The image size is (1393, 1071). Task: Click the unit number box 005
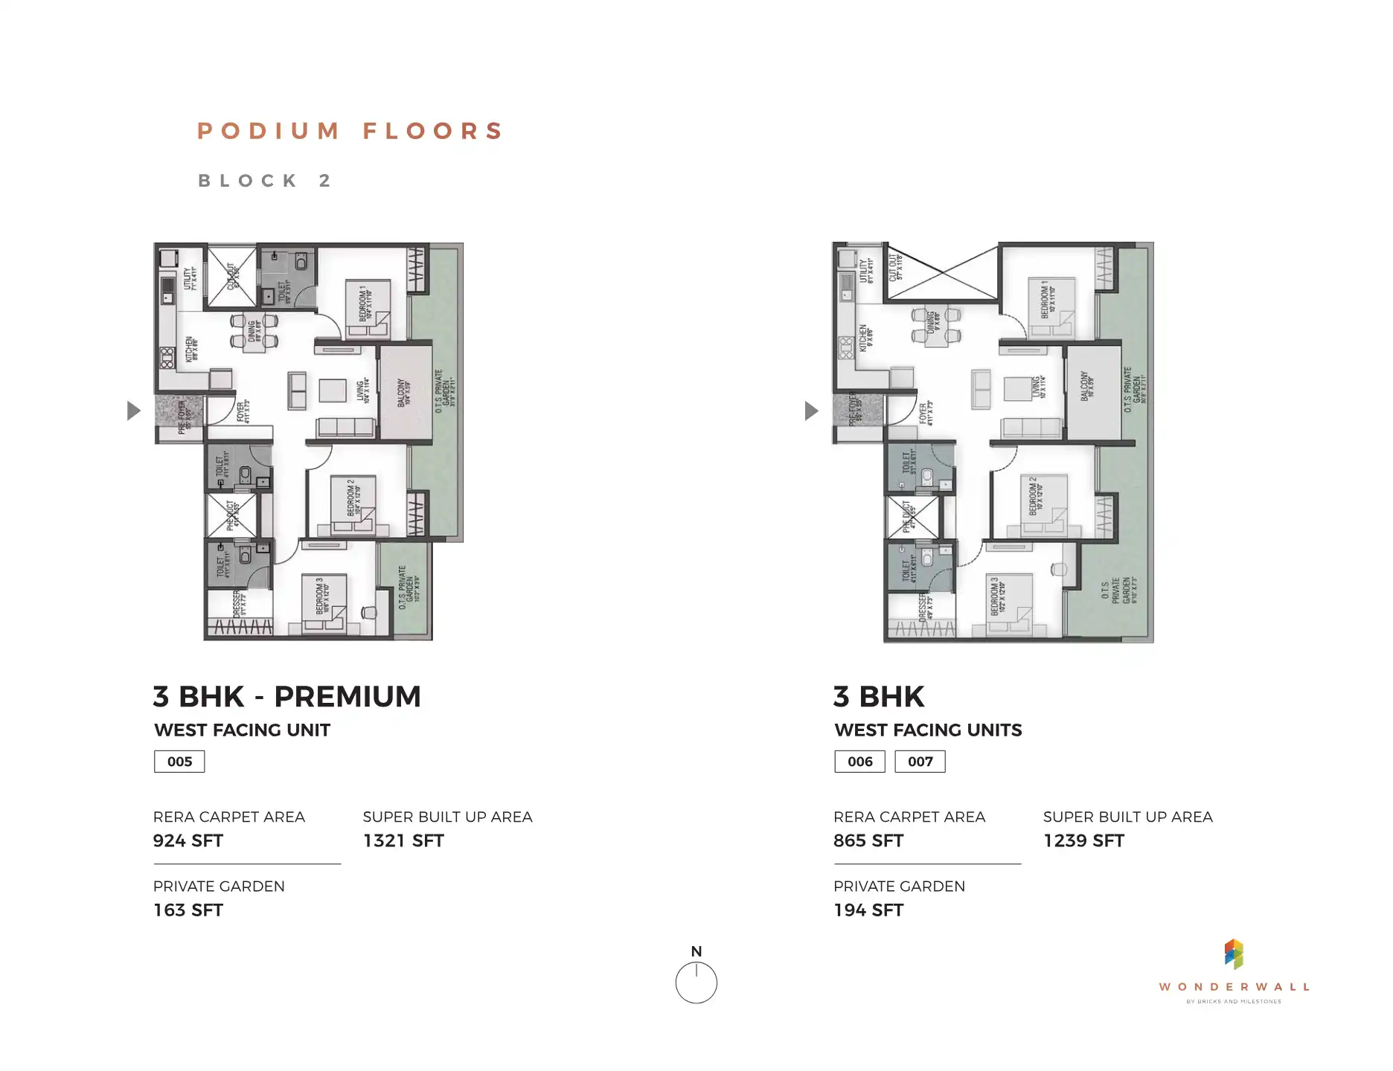click(179, 762)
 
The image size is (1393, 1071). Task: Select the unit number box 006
click(859, 762)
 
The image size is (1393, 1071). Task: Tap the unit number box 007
click(920, 762)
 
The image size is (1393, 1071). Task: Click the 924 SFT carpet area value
click(188, 841)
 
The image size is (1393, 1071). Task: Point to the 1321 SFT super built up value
click(403, 841)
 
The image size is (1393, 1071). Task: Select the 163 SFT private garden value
click(188, 910)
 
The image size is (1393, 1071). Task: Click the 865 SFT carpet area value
click(868, 841)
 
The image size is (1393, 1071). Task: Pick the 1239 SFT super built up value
click(1083, 841)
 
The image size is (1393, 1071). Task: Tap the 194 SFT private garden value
click(868, 910)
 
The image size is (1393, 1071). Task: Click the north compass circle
click(696, 983)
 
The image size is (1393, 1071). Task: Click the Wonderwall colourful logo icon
click(1234, 954)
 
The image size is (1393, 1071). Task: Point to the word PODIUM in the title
click(269, 132)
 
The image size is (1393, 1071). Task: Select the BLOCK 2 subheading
click(264, 181)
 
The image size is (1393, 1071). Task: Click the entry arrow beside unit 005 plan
click(133, 411)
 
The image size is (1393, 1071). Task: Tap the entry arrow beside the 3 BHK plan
click(811, 411)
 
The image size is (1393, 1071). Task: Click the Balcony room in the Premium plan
click(405, 393)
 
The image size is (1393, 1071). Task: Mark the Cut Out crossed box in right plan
click(942, 272)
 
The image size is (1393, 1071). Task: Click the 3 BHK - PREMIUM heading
click(287, 697)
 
